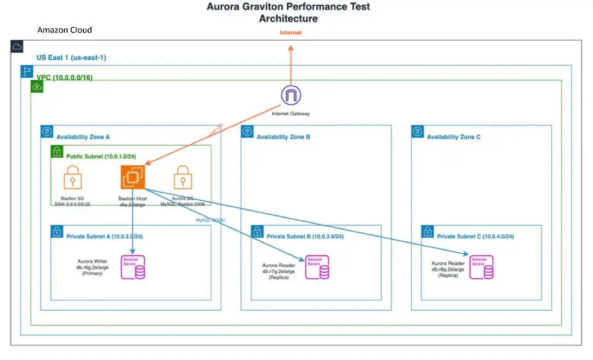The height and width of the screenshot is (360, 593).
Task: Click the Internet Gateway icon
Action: (x=291, y=95)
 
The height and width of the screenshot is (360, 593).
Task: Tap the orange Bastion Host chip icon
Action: (x=133, y=177)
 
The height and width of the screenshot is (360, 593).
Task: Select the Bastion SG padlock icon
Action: (x=72, y=177)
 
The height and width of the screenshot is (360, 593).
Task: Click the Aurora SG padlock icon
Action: (x=182, y=177)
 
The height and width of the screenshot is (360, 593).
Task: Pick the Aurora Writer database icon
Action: (x=133, y=267)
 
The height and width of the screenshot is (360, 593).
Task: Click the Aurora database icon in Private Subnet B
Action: (x=317, y=267)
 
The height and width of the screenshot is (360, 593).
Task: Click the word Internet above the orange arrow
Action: (x=291, y=32)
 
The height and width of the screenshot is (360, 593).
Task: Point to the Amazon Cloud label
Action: (x=64, y=30)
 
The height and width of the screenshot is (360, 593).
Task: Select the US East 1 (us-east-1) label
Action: (x=71, y=58)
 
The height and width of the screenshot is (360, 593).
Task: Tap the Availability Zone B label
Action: (x=284, y=137)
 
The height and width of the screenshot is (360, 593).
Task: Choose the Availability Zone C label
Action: (x=453, y=137)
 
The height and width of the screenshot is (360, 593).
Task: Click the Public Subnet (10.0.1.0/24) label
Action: (x=101, y=157)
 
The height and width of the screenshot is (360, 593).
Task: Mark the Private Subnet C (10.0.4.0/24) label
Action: (x=475, y=236)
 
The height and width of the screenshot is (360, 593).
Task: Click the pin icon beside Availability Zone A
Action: (x=47, y=131)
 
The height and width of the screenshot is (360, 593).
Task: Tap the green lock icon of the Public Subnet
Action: (x=57, y=152)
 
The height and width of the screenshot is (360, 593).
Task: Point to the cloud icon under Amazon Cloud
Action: (x=17, y=46)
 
